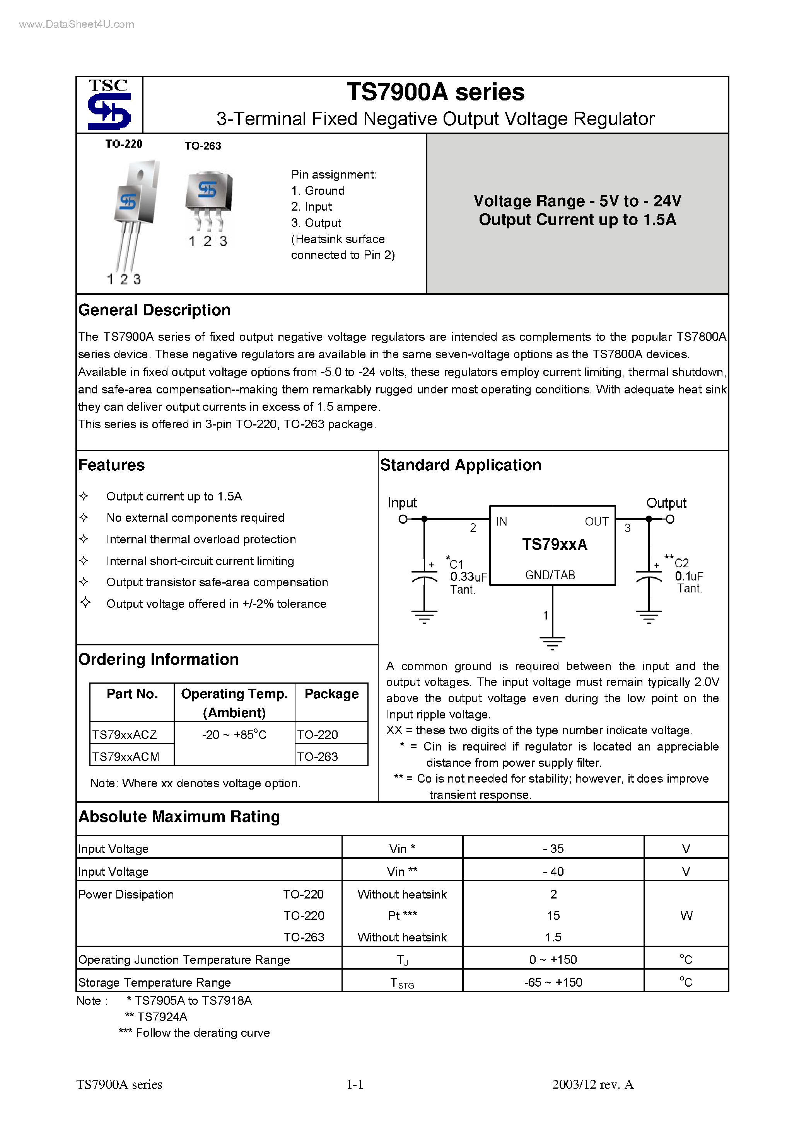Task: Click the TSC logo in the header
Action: (x=109, y=105)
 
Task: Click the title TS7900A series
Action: (x=435, y=92)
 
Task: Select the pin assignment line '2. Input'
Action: (x=311, y=207)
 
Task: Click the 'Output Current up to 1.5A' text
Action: (x=577, y=220)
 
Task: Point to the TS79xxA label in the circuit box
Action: (x=554, y=545)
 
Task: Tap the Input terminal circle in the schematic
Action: (x=403, y=519)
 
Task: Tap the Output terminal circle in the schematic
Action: (x=670, y=519)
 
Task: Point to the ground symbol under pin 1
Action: (x=552, y=643)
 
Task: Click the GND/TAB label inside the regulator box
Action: (x=550, y=575)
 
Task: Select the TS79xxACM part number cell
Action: (x=126, y=756)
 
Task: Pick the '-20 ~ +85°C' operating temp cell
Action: (x=234, y=735)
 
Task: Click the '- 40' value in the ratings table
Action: (x=553, y=871)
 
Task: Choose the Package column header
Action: (x=331, y=694)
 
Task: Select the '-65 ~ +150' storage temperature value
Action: (x=553, y=983)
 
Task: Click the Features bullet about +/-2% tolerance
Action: (x=216, y=604)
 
